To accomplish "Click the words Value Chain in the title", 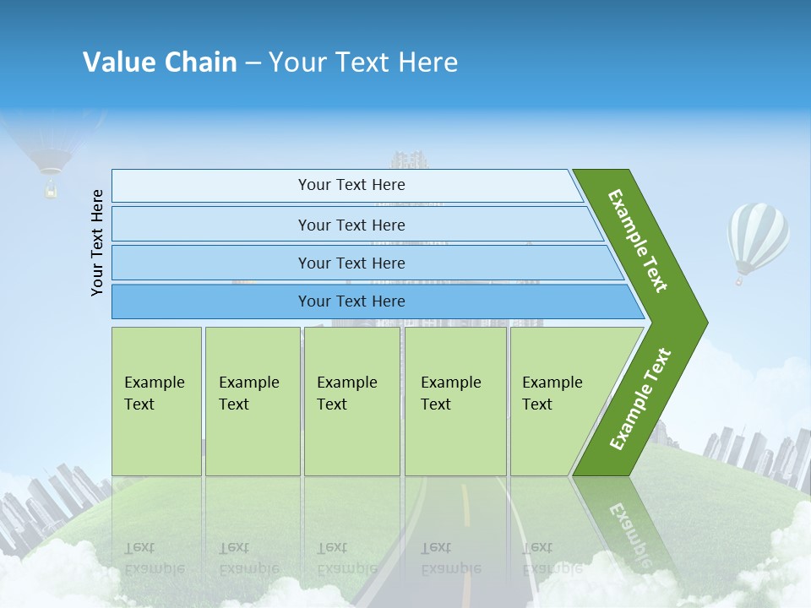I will pos(160,62).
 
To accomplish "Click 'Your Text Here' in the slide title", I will pos(363,62).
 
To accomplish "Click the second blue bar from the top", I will pos(351,225).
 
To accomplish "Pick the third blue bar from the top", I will pos(351,263).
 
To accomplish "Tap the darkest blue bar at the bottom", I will pos(351,301).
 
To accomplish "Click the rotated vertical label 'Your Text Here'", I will pos(97,242).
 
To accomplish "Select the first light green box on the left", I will pos(156,401).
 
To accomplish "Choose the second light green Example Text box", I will pos(252,401).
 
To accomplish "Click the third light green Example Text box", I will pos(351,401).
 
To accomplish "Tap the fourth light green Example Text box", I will pos(455,401).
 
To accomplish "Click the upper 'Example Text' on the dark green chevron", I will pos(639,241).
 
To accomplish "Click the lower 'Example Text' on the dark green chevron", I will pos(640,399).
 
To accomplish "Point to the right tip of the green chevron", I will pos(705,323).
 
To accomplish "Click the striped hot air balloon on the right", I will pos(758,234).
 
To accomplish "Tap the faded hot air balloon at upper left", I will pos(51,152).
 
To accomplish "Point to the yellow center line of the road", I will pos(465,505).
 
